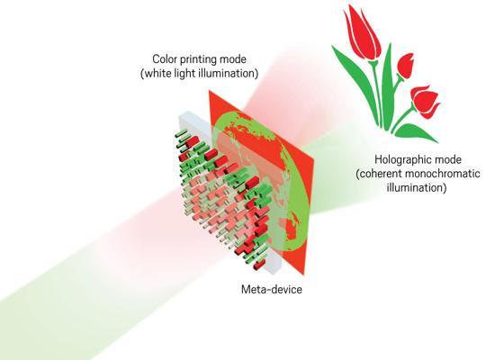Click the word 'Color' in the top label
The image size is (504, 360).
(163, 59)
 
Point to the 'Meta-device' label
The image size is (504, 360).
(272, 289)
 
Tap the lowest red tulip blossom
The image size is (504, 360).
(425, 101)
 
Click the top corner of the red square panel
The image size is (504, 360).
(209, 90)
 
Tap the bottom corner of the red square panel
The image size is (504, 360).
(303, 275)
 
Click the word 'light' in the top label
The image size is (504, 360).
(184, 74)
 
